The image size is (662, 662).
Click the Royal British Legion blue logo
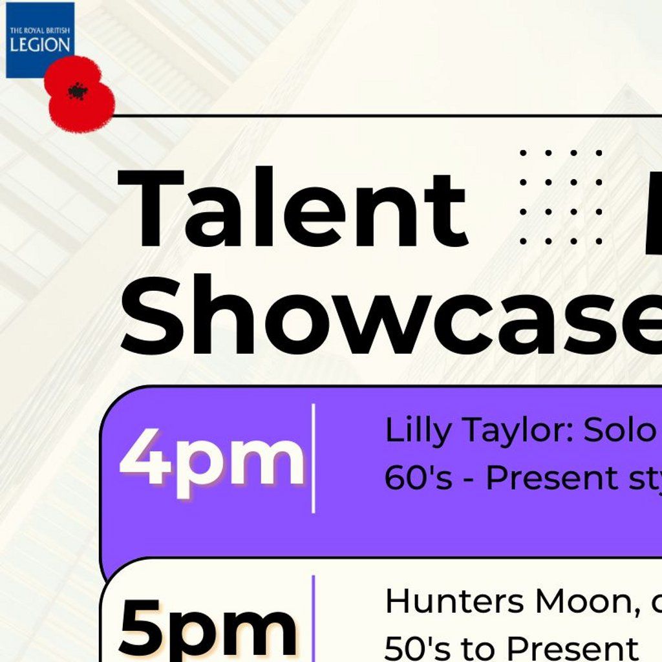[x=40, y=40]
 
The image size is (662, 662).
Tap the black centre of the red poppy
[x=78, y=91]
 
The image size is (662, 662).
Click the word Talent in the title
[x=294, y=208]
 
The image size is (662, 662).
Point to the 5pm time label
[x=209, y=629]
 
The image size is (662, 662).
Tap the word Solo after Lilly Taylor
[x=619, y=431]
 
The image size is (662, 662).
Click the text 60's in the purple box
[x=418, y=478]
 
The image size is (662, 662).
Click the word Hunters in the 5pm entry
[x=454, y=601]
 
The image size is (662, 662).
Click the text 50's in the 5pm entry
[x=418, y=648]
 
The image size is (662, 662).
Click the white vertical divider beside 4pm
[x=314, y=458]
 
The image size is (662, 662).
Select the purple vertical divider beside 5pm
[x=314, y=619]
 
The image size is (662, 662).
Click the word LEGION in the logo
[x=40, y=45]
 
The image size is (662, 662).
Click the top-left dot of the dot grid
[x=523, y=153]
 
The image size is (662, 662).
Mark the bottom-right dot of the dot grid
[x=599, y=241]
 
